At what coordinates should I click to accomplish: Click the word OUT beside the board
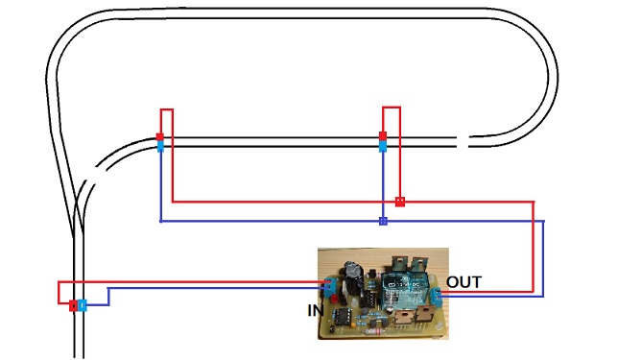(463, 282)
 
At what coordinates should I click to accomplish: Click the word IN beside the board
(316, 311)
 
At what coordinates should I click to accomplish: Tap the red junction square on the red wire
(400, 202)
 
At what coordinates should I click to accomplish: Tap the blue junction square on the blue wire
(383, 221)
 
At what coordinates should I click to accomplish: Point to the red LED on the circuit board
(336, 299)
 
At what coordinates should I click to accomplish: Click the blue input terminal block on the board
(330, 286)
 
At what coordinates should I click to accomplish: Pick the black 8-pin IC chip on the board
(342, 316)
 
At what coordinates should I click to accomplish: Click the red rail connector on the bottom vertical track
(73, 305)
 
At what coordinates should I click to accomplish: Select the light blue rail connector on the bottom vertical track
(82, 305)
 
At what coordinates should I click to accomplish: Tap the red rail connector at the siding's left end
(160, 137)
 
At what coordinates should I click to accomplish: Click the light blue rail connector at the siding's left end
(160, 147)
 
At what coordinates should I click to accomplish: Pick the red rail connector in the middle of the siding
(383, 137)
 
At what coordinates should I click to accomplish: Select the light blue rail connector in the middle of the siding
(383, 147)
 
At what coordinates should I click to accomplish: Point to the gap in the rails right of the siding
(463, 141)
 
